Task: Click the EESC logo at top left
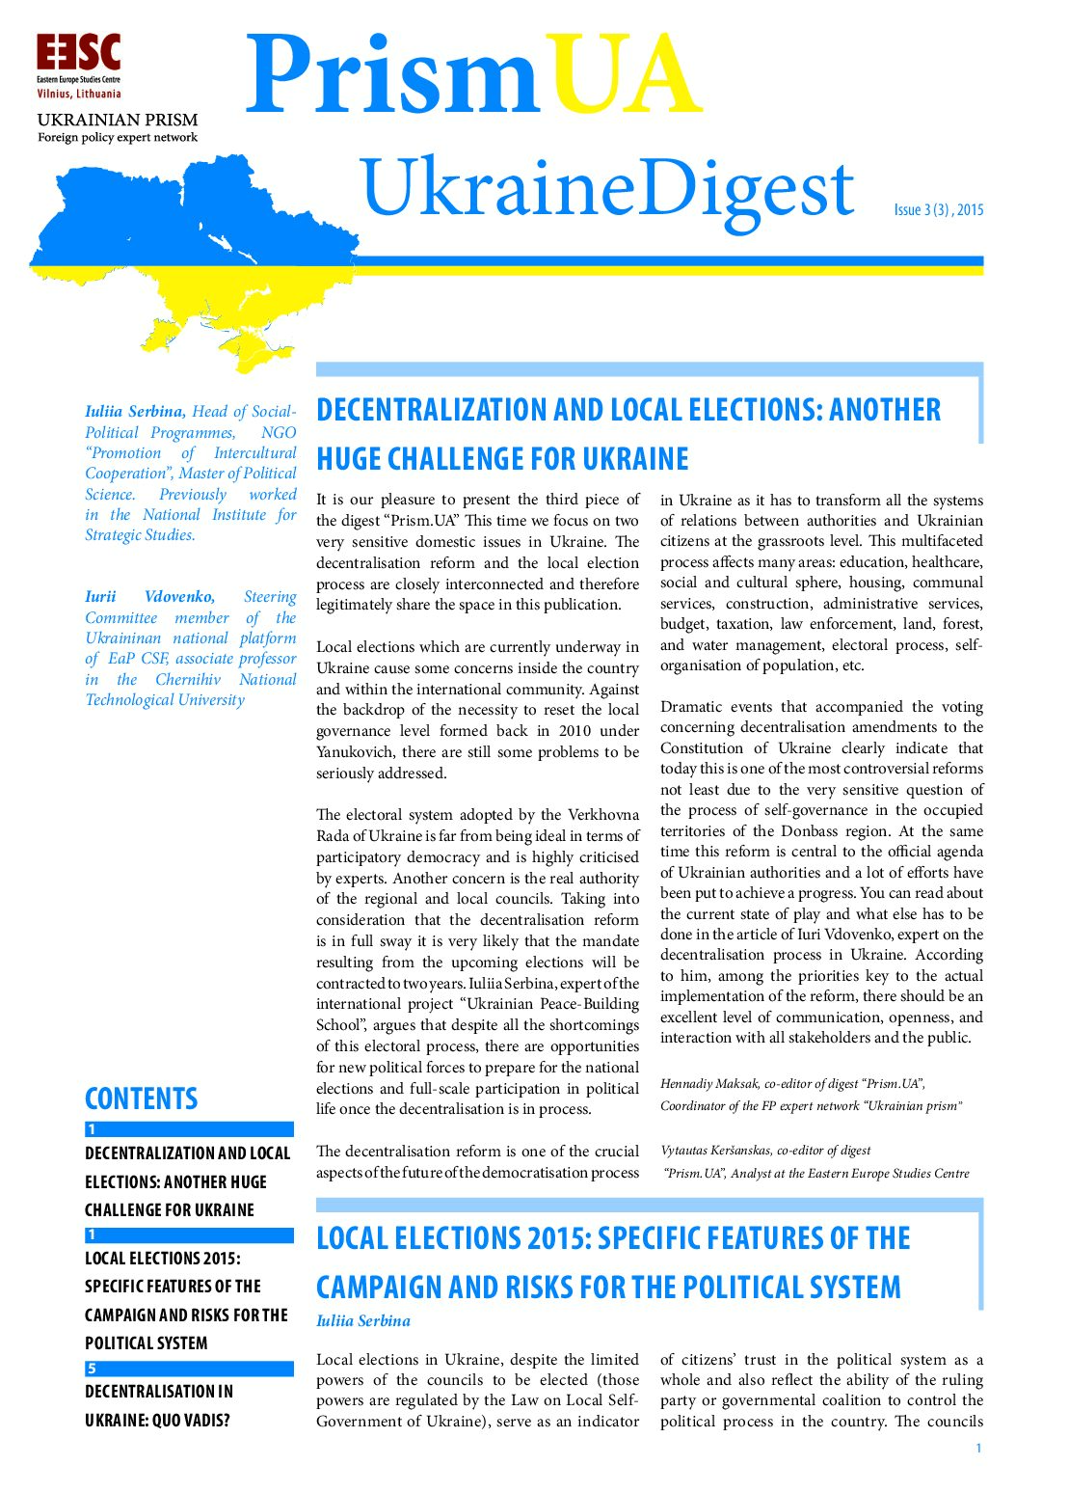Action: tap(79, 53)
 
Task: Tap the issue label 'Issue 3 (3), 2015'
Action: tap(938, 209)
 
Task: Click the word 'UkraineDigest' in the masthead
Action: tap(607, 188)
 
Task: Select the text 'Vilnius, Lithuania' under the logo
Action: tap(79, 95)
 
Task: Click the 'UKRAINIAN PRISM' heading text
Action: tap(117, 120)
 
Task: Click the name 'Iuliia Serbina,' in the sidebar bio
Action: tap(135, 412)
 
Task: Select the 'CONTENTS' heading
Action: tap(141, 1099)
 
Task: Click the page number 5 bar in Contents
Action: tap(189, 1368)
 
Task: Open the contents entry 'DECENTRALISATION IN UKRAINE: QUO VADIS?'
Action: tap(159, 1405)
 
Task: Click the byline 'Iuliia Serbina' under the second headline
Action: tap(363, 1321)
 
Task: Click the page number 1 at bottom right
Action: tap(978, 1448)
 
